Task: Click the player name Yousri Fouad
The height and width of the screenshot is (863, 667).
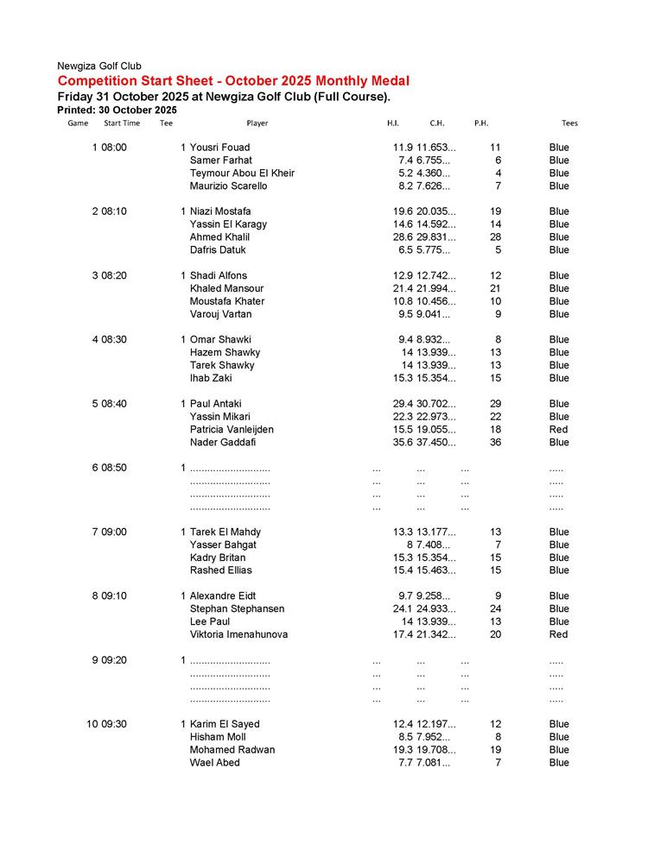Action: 219,148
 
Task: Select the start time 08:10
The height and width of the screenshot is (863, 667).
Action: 114,211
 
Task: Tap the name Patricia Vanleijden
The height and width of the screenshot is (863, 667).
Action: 232,430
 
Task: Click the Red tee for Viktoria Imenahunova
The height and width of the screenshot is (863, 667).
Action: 558,634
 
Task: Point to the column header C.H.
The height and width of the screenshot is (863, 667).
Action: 436,123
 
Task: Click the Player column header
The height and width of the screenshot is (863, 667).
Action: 257,123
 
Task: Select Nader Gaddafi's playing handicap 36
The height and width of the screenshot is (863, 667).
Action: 495,443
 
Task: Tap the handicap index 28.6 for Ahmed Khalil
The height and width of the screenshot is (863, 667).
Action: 403,237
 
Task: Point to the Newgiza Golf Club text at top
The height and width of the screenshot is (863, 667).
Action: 99,66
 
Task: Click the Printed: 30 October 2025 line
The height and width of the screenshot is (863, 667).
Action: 117,110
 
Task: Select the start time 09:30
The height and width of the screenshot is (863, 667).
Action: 114,724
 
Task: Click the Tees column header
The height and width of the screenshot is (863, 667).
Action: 569,123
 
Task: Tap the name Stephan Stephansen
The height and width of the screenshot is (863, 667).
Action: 237,609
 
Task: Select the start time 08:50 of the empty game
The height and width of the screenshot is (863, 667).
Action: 114,468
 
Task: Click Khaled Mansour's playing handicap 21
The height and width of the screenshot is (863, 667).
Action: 495,288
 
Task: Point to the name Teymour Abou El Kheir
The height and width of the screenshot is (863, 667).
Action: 242,173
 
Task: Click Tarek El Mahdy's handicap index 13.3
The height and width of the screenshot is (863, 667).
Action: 403,532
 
